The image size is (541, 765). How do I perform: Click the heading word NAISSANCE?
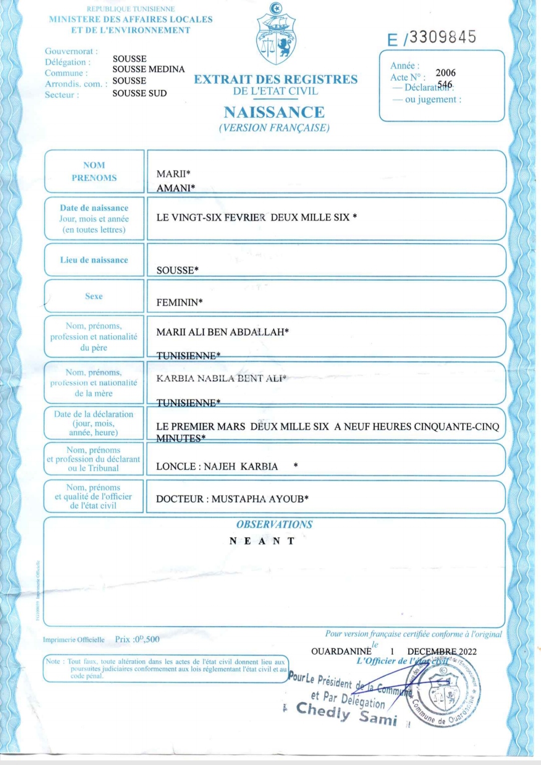click(x=274, y=112)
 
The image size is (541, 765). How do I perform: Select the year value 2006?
click(x=445, y=73)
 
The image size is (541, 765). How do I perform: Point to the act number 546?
click(x=444, y=85)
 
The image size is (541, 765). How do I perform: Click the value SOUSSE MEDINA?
click(x=148, y=69)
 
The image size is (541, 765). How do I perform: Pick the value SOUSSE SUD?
click(x=139, y=93)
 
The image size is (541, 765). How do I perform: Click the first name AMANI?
click(x=175, y=188)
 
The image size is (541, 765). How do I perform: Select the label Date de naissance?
click(x=94, y=208)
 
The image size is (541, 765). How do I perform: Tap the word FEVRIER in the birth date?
click(x=245, y=218)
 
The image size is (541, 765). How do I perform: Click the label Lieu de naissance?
click(x=94, y=260)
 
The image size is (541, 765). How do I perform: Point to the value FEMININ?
click(x=179, y=303)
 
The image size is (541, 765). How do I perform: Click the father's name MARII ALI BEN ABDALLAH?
click(x=222, y=332)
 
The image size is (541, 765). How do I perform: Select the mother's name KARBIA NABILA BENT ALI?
click(x=220, y=378)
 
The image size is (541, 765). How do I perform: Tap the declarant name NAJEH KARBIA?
click(x=240, y=467)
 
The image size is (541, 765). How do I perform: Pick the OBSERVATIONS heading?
click(x=274, y=524)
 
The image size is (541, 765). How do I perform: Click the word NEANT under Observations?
click(x=262, y=541)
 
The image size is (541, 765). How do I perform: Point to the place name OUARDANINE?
click(x=341, y=651)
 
